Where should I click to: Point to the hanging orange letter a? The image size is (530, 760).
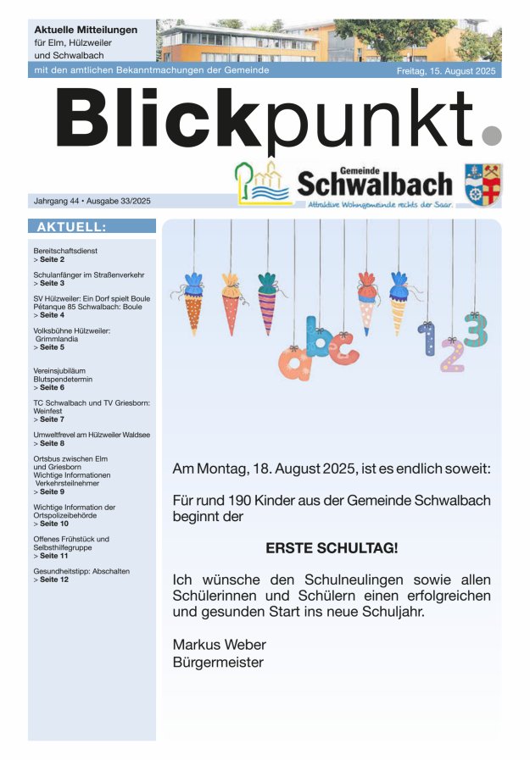coord(290,363)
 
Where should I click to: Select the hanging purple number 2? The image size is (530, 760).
coord(451,357)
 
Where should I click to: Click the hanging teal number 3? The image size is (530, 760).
coord(476,330)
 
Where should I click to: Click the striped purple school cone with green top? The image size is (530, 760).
coord(268,301)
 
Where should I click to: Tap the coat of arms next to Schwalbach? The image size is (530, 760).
coord(483,184)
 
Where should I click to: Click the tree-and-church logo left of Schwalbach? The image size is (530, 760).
coord(263,183)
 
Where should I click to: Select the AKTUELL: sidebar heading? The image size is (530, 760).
coord(71,227)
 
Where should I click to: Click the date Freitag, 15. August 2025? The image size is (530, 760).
coord(448,71)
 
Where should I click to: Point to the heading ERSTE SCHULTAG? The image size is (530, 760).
coord(332,548)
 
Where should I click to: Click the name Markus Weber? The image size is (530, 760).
coord(219,644)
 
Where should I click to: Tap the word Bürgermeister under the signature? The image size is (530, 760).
coord(218,663)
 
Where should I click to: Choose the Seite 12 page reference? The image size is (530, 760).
coord(53,580)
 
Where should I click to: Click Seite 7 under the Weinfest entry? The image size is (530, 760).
coord(52,419)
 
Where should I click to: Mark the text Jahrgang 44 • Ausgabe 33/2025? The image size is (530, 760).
coord(92,202)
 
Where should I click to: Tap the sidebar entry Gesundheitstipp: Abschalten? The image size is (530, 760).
coord(81,571)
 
